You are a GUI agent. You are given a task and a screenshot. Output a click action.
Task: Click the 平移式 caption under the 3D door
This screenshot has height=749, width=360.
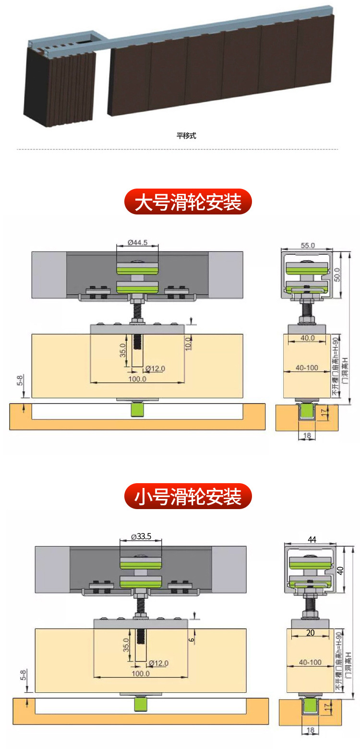186,136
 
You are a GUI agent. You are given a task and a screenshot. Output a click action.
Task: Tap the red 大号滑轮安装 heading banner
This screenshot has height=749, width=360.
188,202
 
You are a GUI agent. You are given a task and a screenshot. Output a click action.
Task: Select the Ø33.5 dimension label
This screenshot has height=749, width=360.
141,537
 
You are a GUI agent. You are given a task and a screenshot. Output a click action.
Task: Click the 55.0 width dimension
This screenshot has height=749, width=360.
307,245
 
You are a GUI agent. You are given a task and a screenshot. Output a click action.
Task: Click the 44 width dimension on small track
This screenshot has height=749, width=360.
312,540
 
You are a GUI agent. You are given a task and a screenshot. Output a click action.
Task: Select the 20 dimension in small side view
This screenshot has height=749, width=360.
311,633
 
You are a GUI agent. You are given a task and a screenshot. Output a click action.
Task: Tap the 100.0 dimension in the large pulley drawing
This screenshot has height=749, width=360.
137,379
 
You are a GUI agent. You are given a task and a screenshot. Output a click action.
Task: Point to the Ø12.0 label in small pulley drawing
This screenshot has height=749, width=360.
158,664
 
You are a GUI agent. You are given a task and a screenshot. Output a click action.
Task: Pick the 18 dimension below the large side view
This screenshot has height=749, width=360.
307,435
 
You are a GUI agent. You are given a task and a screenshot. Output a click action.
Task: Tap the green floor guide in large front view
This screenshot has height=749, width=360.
138,411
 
